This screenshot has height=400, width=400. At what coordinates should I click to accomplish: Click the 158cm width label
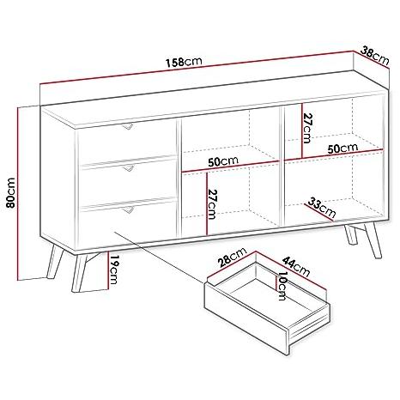(184, 62)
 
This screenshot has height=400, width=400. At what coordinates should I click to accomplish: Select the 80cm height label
(10, 193)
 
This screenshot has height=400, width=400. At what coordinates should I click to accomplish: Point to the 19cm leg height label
(114, 270)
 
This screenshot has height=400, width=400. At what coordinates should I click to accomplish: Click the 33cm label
(321, 208)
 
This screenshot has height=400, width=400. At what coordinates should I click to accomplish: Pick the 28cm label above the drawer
(232, 257)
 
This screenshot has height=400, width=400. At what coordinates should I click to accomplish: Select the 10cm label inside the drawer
(282, 286)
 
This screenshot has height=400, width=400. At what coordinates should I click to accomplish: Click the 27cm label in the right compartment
(307, 128)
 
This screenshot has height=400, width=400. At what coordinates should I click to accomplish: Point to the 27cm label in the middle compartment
(212, 204)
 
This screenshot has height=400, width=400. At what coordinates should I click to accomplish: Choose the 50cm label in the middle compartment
(223, 161)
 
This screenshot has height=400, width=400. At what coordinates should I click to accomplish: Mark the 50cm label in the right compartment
(342, 148)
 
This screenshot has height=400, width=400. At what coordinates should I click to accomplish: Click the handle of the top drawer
(128, 126)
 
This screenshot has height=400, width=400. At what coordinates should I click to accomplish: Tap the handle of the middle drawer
(128, 168)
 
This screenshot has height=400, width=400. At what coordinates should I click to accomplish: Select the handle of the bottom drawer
(128, 210)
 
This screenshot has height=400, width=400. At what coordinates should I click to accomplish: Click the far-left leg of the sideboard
(55, 261)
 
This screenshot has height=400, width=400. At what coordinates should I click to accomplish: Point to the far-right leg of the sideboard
(373, 241)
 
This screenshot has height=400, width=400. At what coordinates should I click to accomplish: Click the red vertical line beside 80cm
(18, 193)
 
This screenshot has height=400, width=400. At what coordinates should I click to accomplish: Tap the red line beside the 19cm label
(108, 270)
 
